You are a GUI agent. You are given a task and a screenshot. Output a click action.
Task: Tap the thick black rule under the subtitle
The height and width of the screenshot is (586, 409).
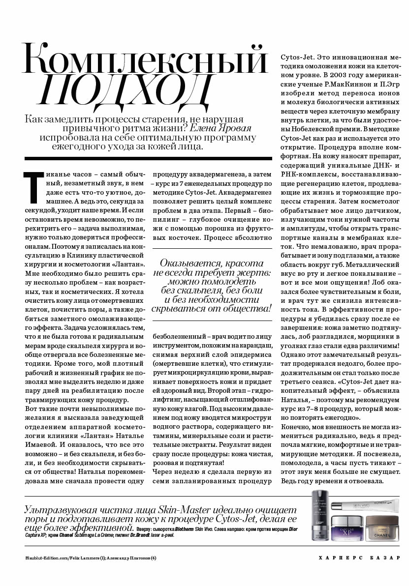click(148, 158)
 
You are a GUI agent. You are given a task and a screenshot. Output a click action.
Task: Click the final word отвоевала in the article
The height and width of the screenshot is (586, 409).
click(366, 480)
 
